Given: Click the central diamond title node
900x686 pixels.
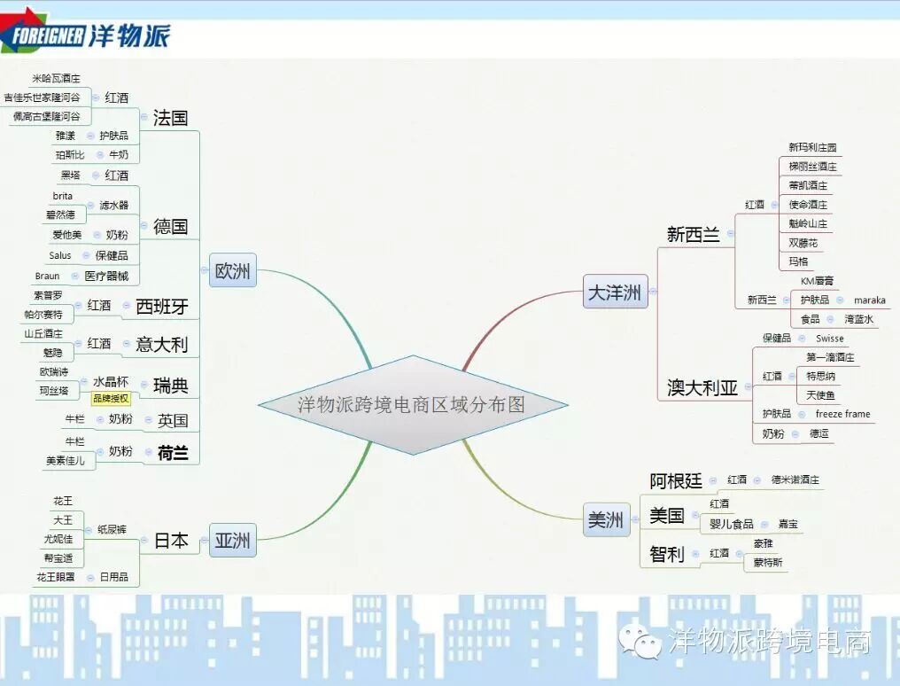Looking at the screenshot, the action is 413,405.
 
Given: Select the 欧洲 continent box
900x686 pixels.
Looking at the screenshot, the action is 232,271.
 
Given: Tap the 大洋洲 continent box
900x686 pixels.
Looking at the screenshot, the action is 615,292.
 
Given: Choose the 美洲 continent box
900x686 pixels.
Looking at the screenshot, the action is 606,520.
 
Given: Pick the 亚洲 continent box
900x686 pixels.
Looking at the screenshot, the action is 232,540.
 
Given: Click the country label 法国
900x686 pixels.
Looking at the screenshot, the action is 170,118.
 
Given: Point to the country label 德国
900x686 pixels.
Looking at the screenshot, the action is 170,226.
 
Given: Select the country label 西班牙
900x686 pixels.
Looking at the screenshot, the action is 161,307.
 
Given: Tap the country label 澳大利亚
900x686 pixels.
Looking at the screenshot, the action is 702,387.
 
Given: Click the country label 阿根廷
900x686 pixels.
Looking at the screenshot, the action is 676,480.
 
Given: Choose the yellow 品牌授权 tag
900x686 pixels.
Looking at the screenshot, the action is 111,399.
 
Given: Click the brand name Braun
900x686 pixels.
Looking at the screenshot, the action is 48,276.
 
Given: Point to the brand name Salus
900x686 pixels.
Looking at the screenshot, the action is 60,255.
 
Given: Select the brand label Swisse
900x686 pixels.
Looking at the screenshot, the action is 830,339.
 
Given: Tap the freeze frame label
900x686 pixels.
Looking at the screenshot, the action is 842,414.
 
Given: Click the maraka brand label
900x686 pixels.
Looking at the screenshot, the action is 869,300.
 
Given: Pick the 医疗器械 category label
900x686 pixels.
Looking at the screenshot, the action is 106,276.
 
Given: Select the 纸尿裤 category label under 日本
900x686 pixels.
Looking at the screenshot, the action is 112,529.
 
